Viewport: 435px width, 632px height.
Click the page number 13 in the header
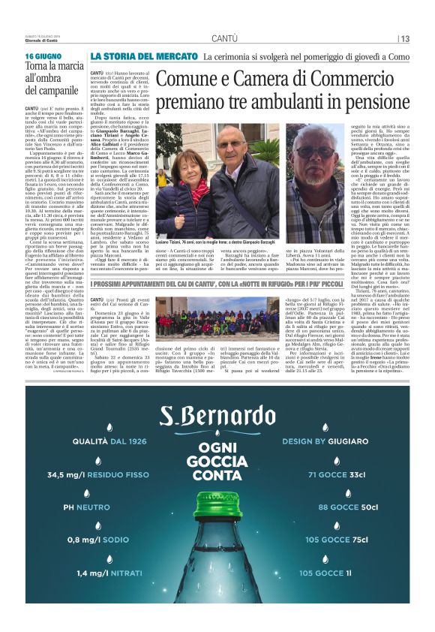[x=405, y=38]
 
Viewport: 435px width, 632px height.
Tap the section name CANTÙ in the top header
[x=225, y=38]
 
